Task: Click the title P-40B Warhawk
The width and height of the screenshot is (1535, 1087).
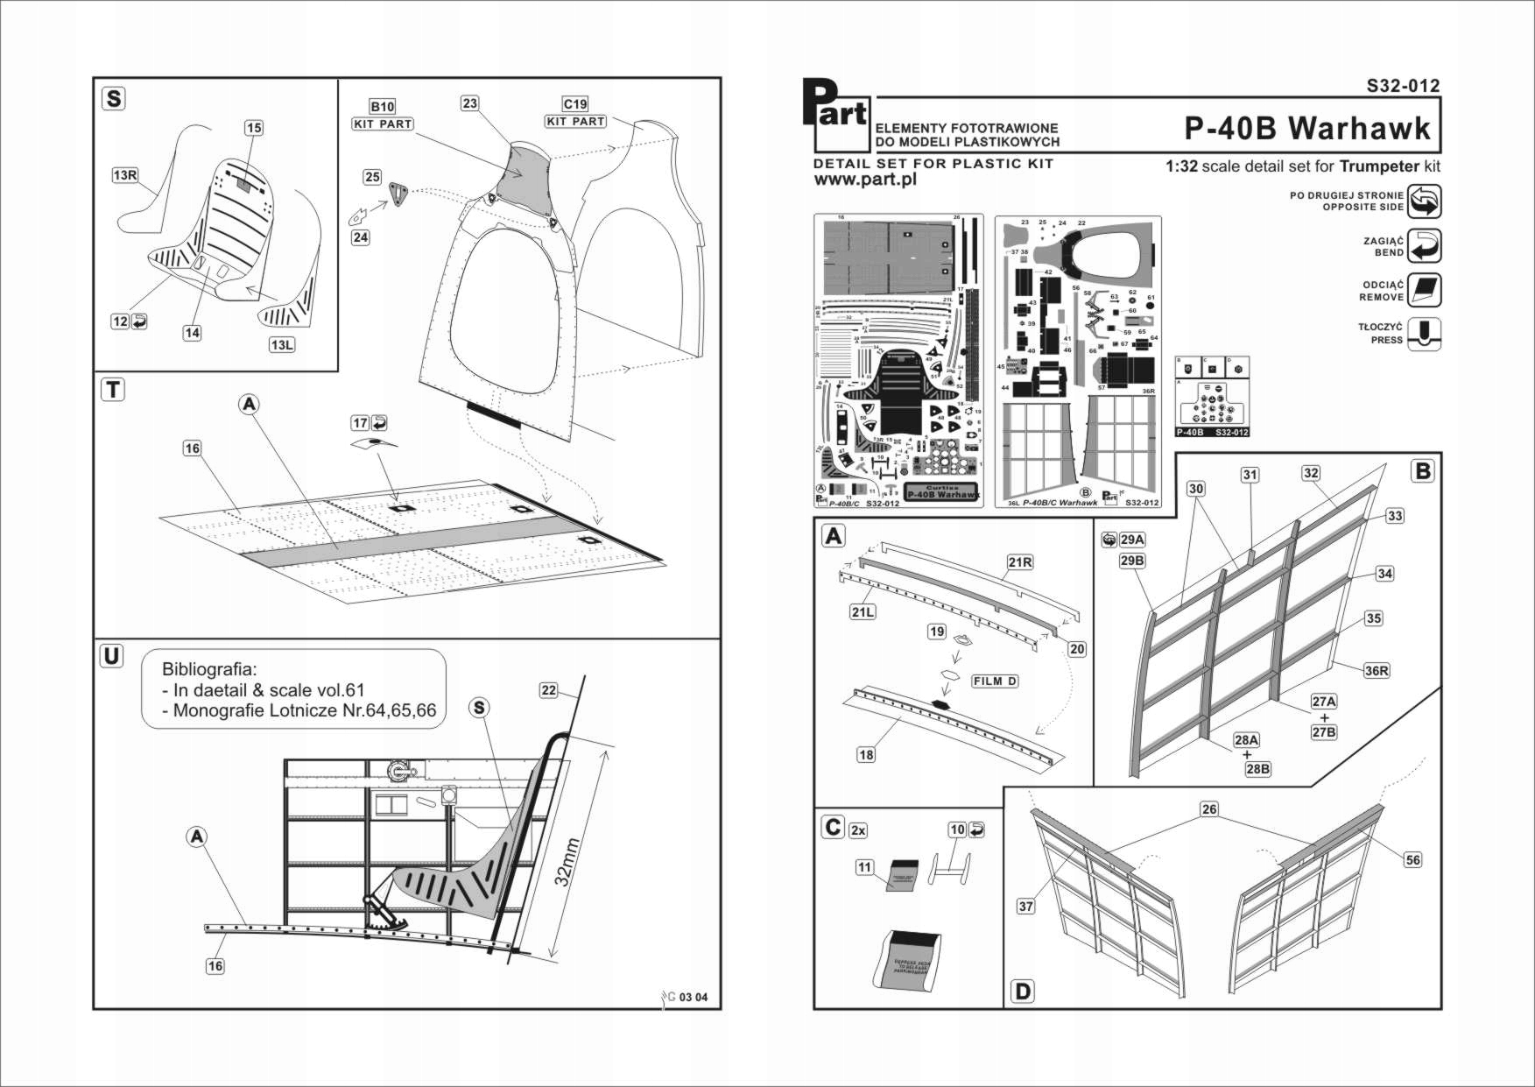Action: click(1306, 128)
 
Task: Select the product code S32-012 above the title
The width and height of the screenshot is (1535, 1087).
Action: click(1403, 86)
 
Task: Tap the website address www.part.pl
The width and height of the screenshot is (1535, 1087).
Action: click(864, 180)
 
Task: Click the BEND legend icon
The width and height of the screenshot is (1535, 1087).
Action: click(1424, 246)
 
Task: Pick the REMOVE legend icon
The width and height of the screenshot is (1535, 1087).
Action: click(1424, 290)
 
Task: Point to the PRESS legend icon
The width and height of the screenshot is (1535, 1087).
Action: click(1424, 334)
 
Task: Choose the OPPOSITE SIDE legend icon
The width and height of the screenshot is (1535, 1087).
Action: click(1424, 201)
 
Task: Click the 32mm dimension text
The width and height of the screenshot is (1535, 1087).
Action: click(567, 862)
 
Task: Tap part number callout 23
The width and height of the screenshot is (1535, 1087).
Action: click(470, 103)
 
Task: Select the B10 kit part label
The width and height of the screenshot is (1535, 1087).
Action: click(383, 107)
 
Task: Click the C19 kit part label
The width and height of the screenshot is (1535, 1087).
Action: click(575, 104)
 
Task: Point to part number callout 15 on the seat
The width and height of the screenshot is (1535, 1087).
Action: click(253, 128)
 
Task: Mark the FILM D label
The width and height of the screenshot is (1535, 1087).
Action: click(995, 681)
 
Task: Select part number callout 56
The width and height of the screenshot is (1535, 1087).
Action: click(1412, 860)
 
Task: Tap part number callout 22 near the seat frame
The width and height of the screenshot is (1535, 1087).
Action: click(548, 690)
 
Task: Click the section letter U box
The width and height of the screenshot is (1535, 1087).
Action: click(112, 656)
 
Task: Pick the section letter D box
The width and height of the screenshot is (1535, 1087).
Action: click(1022, 992)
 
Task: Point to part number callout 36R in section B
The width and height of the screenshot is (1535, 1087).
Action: click(1376, 671)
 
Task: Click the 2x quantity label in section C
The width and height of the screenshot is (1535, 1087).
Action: click(858, 830)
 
